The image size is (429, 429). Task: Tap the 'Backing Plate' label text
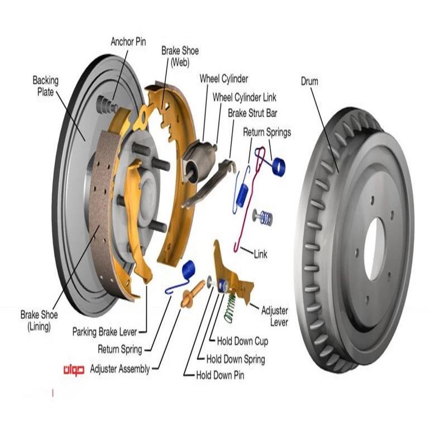click(45, 86)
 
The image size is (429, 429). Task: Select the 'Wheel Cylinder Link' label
click(244, 97)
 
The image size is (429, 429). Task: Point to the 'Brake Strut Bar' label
click(252, 113)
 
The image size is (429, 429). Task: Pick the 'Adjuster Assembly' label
click(120, 369)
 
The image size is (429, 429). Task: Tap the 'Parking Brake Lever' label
click(104, 332)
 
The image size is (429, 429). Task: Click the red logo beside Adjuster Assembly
click(73, 369)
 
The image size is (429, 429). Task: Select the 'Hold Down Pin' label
click(220, 375)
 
